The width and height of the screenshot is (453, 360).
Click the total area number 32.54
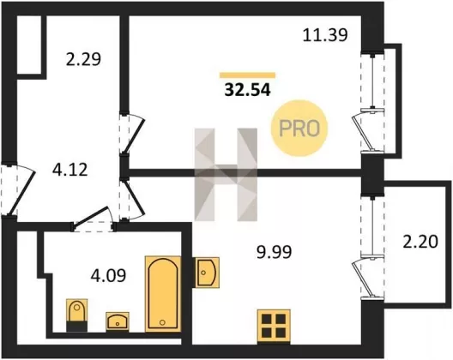[248, 90]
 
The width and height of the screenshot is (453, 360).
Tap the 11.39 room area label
[325, 35]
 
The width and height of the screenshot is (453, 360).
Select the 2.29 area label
[83, 59]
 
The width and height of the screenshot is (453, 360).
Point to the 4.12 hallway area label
[69, 170]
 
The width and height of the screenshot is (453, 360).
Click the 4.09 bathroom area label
[108, 275]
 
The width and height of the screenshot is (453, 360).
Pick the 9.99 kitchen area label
[275, 252]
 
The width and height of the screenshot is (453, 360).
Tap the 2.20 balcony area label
[420, 242]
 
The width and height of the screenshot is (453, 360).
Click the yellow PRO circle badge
[299, 128]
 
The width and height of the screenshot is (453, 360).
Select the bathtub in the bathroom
[163, 294]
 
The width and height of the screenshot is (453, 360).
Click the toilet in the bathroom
[76, 315]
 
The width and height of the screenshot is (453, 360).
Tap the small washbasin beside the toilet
[118, 321]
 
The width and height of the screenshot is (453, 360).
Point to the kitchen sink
[207, 273]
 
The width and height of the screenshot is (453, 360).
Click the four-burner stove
[274, 326]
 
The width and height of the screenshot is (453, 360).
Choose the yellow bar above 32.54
[247, 75]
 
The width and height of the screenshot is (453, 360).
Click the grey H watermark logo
[226, 174]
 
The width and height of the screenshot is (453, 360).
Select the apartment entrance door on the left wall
[18, 189]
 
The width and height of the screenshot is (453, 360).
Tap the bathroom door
[93, 219]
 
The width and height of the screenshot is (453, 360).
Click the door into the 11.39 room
[132, 133]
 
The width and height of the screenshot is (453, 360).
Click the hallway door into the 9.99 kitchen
[132, 199]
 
